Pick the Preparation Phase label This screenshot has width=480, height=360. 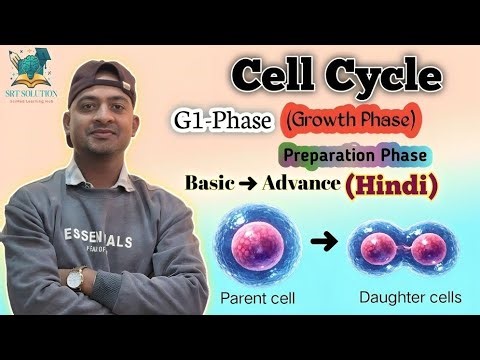coord(355,156)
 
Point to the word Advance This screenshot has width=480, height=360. coord(298,183)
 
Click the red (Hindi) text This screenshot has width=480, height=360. coord(393,184)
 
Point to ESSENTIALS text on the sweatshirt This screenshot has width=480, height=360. coord(97,239)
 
